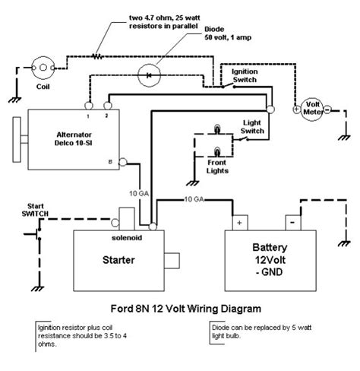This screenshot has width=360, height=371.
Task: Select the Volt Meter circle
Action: point(311,109)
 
